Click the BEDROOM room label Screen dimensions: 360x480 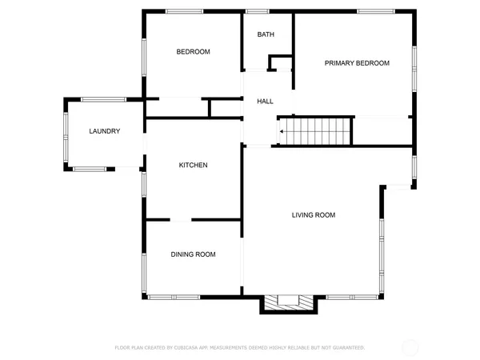click(x=193, y=52)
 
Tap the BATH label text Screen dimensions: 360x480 click(x=265, y=35)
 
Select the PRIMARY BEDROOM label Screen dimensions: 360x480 click(x=357, y=63)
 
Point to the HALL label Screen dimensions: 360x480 click(x=265, y=102)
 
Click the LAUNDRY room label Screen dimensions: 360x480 click(x=105, y=131)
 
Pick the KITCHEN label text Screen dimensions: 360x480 click(x=193, y=166)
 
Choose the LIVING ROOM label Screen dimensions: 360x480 click(x=313, y=215)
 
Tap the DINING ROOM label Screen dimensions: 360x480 click(x=193, y=254)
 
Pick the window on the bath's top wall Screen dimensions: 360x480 click(x=257, y=10)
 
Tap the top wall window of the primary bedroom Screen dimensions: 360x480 click(x=370, y=10)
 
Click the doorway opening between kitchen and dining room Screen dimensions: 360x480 click(x=179, y=219)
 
